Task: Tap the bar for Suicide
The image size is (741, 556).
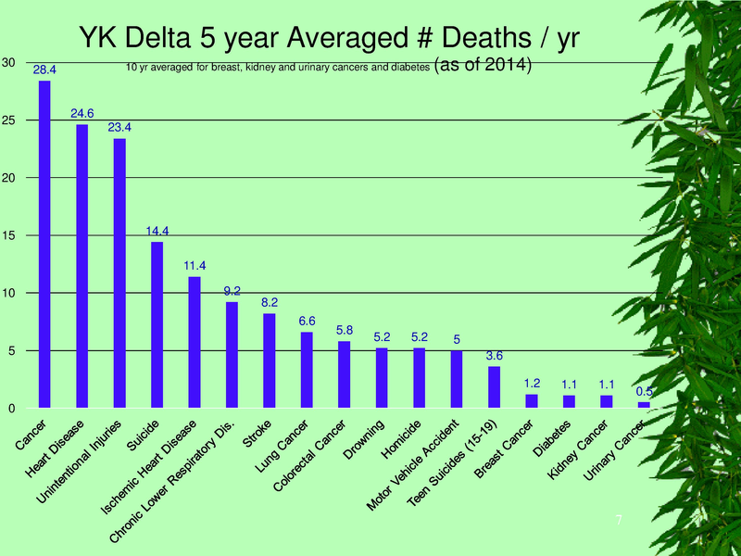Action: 157,324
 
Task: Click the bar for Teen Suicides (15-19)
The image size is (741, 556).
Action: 494,387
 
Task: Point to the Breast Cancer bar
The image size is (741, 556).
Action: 532,401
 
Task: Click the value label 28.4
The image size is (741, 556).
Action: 44,69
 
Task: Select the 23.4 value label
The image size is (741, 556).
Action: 119,127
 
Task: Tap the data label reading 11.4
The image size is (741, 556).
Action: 195,266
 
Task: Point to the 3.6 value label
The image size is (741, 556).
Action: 494,356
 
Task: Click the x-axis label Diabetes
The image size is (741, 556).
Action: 553,440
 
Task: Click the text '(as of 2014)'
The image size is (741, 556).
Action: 482,66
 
